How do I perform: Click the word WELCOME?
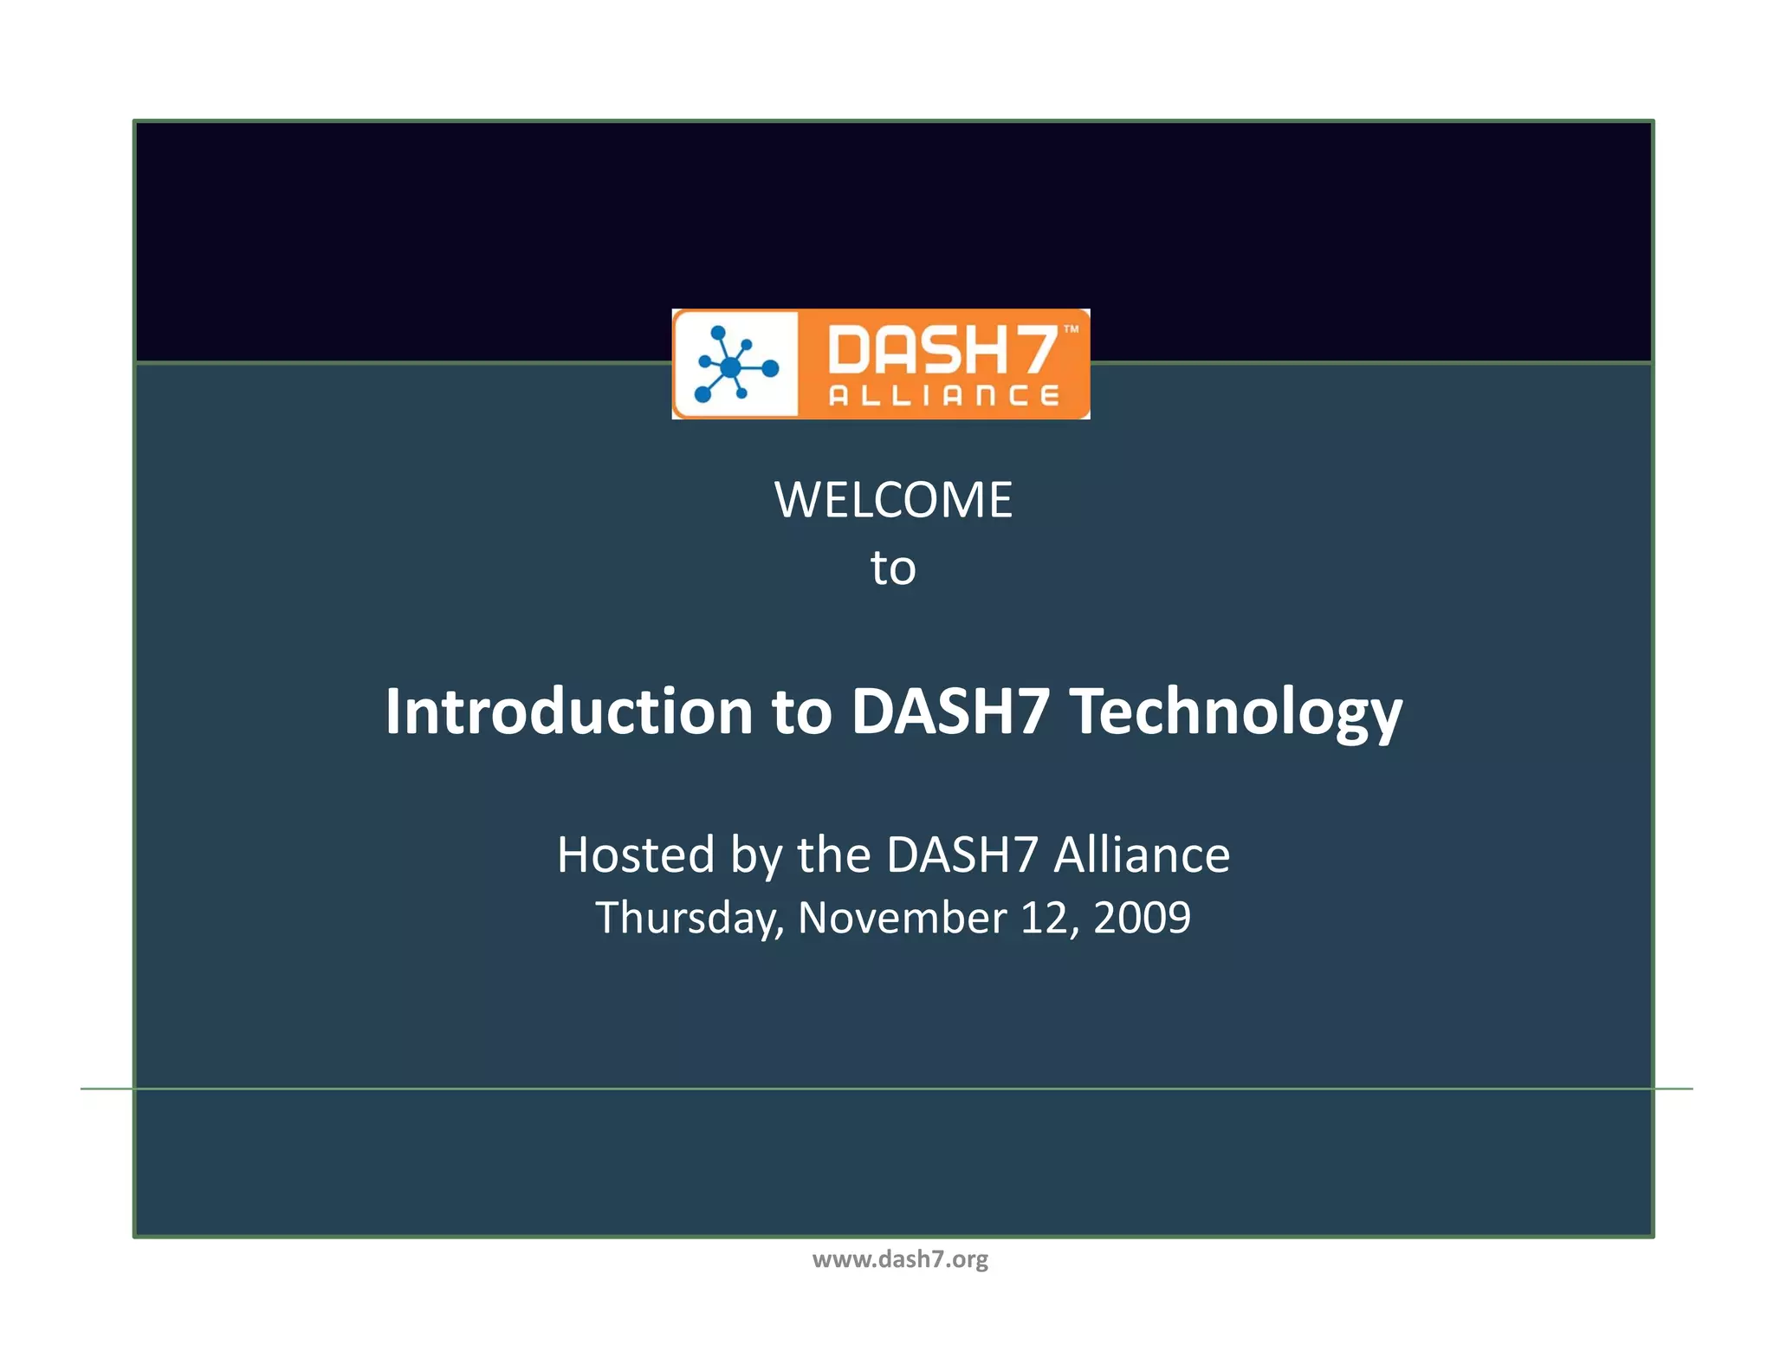(x=893, y=500)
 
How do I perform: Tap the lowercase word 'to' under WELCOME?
(x=893, y=569)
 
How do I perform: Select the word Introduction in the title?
(x=568, y=711)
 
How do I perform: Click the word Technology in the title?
(x=1236, y=711)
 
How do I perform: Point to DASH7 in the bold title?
(x=950, y=711)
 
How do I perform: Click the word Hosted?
(x=636, y=855)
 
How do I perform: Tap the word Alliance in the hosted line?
(x=1142, y=855)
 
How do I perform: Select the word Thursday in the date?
(x=690, y=918)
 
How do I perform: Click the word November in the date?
(x=902, y=918)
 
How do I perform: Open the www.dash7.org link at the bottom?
(x=900, y=1259)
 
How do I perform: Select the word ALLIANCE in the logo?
(x=944, y=396)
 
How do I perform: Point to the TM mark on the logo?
(x=1072, y=329)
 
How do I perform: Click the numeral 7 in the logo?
(x=1036, y=349)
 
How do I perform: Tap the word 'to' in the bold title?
(x=801, y=711)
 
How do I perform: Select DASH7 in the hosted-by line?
(x=961, y=855)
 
